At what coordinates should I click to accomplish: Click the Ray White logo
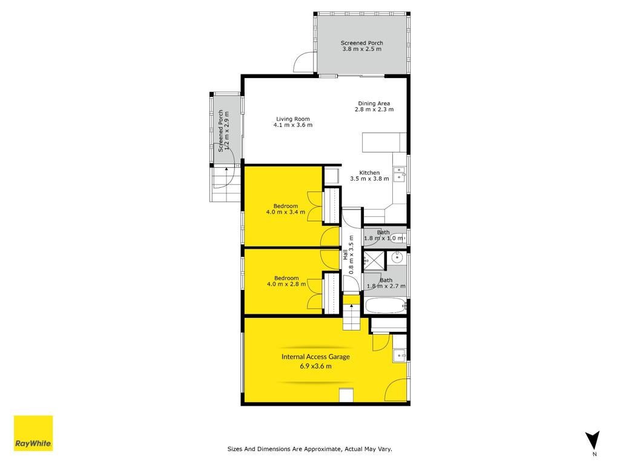coord(33,432)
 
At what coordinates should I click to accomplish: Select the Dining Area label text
coord(374,104)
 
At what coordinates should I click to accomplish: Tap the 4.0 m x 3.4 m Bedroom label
coord(286,209)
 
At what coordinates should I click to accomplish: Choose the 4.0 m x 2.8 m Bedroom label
coord(286,281)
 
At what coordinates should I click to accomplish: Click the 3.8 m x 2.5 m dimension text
coord(362,49)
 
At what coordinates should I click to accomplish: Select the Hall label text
coord(345,255)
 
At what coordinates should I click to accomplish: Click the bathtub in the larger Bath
coord(385,306)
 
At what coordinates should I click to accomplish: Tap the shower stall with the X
coord(374,260)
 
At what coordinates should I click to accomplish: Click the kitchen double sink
coord(400,174)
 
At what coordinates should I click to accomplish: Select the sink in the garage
coord(400,355)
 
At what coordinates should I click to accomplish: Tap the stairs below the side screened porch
coord(225,184)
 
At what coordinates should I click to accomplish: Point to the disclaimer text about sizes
coord(309,449)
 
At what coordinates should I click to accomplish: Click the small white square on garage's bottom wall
coord(346,395)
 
